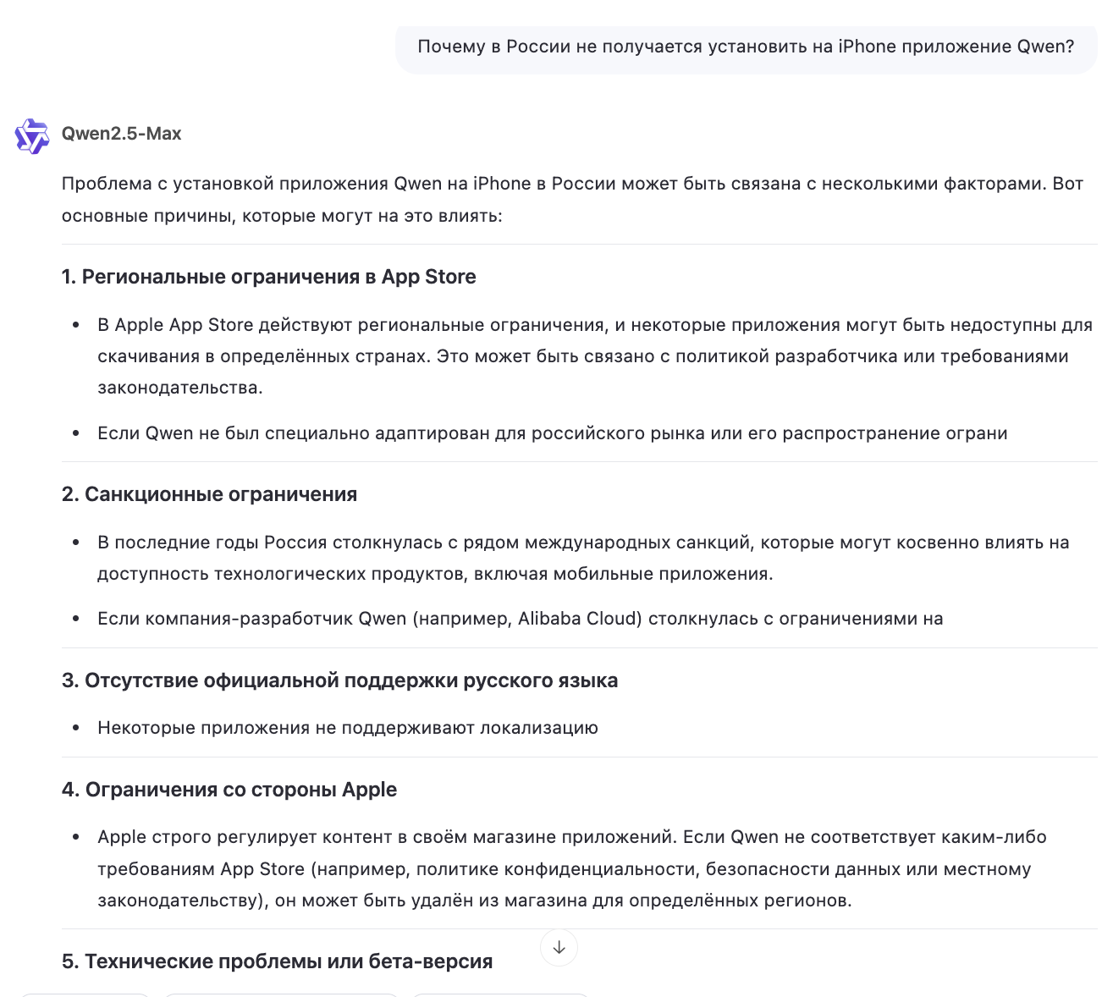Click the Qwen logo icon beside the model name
pos(32,135)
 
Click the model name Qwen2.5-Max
pos(121,134)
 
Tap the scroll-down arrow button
pos(559,947)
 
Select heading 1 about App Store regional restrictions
pos(268,277)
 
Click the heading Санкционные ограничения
pos(209,494)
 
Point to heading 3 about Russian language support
pos(339,680)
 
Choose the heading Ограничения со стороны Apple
pos(229,790)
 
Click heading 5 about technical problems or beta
pos(277,961)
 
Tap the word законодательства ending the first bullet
pos(179,388)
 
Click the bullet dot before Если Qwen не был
pos(76,434)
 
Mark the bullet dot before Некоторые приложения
pos(76,729)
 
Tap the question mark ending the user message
pos(1070,47)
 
